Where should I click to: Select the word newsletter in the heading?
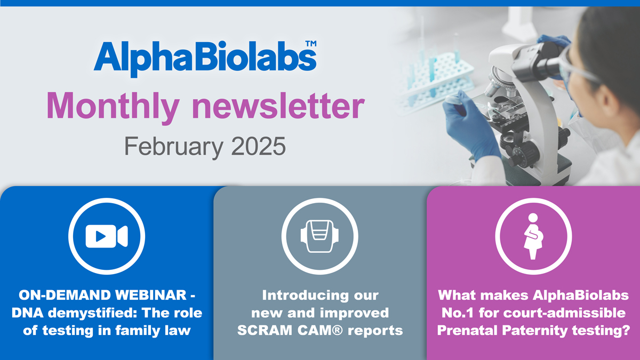[x=277, y=106]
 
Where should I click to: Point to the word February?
[x=171, y=146]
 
